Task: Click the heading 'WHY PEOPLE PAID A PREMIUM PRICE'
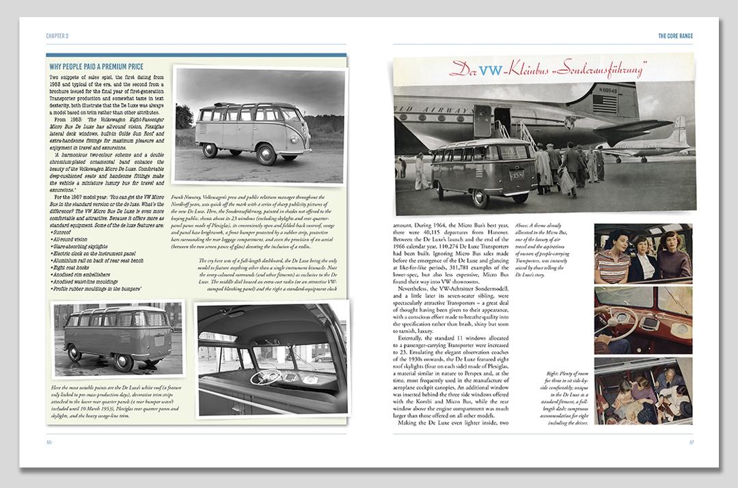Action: click(x=96, y=66)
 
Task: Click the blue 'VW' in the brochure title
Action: click(x=489, y=70)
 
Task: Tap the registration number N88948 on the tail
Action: click(x=607, y=90)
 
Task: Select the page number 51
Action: click(x=692, y=442)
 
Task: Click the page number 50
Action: click(x=49, y=442)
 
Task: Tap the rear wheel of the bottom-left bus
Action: click(x=75, y=354)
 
